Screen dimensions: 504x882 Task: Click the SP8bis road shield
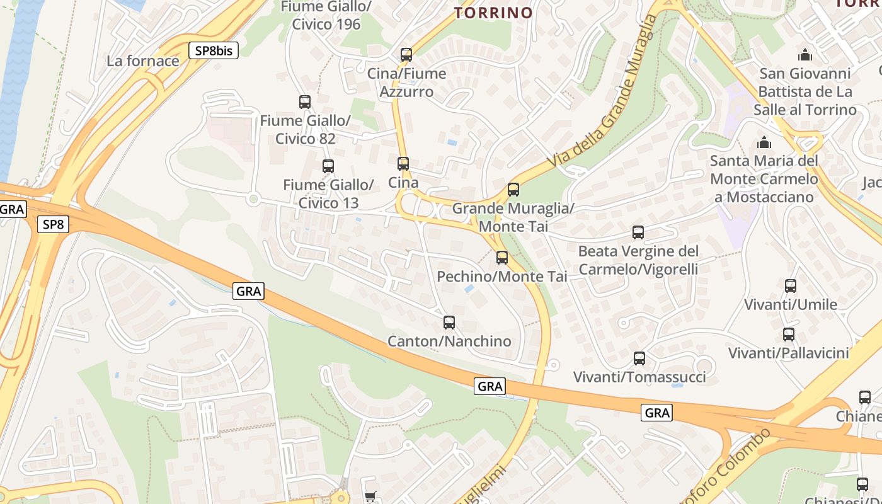click(214, 51)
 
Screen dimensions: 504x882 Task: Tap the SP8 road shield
click(53, 224)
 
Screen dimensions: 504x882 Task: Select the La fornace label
click(143, 61)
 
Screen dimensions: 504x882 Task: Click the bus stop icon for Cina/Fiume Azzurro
click(406, 55)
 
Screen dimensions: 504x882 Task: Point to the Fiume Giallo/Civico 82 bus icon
click(305, 101)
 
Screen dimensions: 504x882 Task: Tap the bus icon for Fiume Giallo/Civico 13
click(328, 166)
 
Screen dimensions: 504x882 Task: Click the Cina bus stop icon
click(403, 164)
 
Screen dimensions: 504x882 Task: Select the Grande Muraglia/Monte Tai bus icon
click(513, 189)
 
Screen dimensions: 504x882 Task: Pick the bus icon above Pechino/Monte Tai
click(502, 257)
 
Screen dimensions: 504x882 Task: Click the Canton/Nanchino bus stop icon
click(449, 323)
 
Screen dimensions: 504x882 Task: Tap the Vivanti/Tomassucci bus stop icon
click(639, 358)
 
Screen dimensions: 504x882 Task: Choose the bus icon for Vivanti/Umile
click(791, 286)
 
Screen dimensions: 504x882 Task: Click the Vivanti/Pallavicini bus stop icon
click(789, 335)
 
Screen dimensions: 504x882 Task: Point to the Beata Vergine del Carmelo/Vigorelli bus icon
click(638, 232)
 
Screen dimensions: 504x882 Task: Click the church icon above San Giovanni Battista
click(805, 55)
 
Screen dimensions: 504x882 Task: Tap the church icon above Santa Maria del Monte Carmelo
click(764, 142)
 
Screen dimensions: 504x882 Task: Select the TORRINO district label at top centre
click(494, 13)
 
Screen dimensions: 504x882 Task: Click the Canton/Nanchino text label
click(449, 341)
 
